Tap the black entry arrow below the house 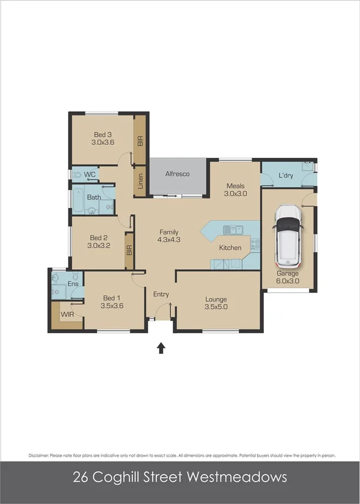coord(161,348)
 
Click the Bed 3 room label coord(102,134)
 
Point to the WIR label coord(68,315)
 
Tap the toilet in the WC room coord(78,175)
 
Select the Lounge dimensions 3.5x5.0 coord(216,307)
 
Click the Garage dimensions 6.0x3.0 coord(288,281)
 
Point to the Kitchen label coord(230,248)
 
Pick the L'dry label coord(286,175)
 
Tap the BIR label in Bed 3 coord(140,141)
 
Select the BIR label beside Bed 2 coord(129,250)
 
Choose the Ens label coord(73,284)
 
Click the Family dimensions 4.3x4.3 coord(168,240)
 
